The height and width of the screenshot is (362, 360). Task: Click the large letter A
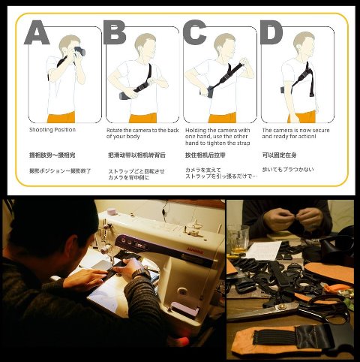click(x=38, y=34)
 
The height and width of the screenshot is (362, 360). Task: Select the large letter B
click(x=115, y=34)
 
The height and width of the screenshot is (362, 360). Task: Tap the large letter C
click(x=194, y=34)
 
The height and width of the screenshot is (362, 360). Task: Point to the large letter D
click(x=271, y=34)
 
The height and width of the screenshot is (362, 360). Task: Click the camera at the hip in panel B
click(x=124, y=95)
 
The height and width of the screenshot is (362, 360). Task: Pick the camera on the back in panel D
click(x=283, y=90)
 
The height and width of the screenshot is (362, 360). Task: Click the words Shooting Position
click(x=53, y=130)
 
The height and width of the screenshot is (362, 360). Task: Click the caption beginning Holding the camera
click(x=217, y=136)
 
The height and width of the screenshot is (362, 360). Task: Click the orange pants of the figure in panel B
click(x=142, y=117)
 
